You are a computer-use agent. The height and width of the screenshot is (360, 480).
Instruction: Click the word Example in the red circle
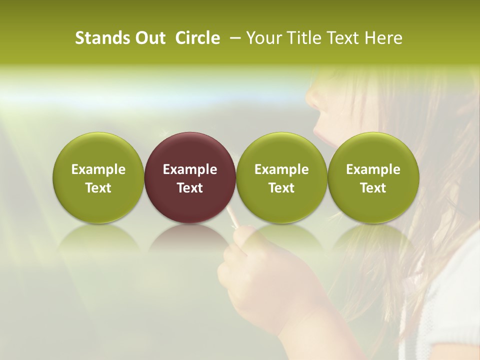click(190, 169)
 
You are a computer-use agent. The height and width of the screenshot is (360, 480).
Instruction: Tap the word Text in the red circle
click(190, 188)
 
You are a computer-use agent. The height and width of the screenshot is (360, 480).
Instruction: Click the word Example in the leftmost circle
click(98, 169)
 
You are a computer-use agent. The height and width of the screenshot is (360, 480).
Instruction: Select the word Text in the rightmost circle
click(373, 188)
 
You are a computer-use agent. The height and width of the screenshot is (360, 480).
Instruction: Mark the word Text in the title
click(344, 38)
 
